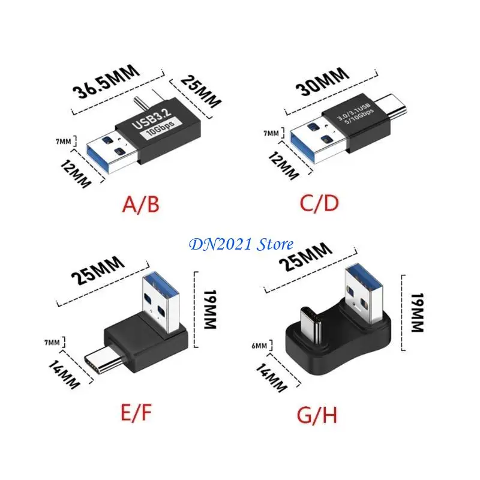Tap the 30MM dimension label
tap(323, 82)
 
